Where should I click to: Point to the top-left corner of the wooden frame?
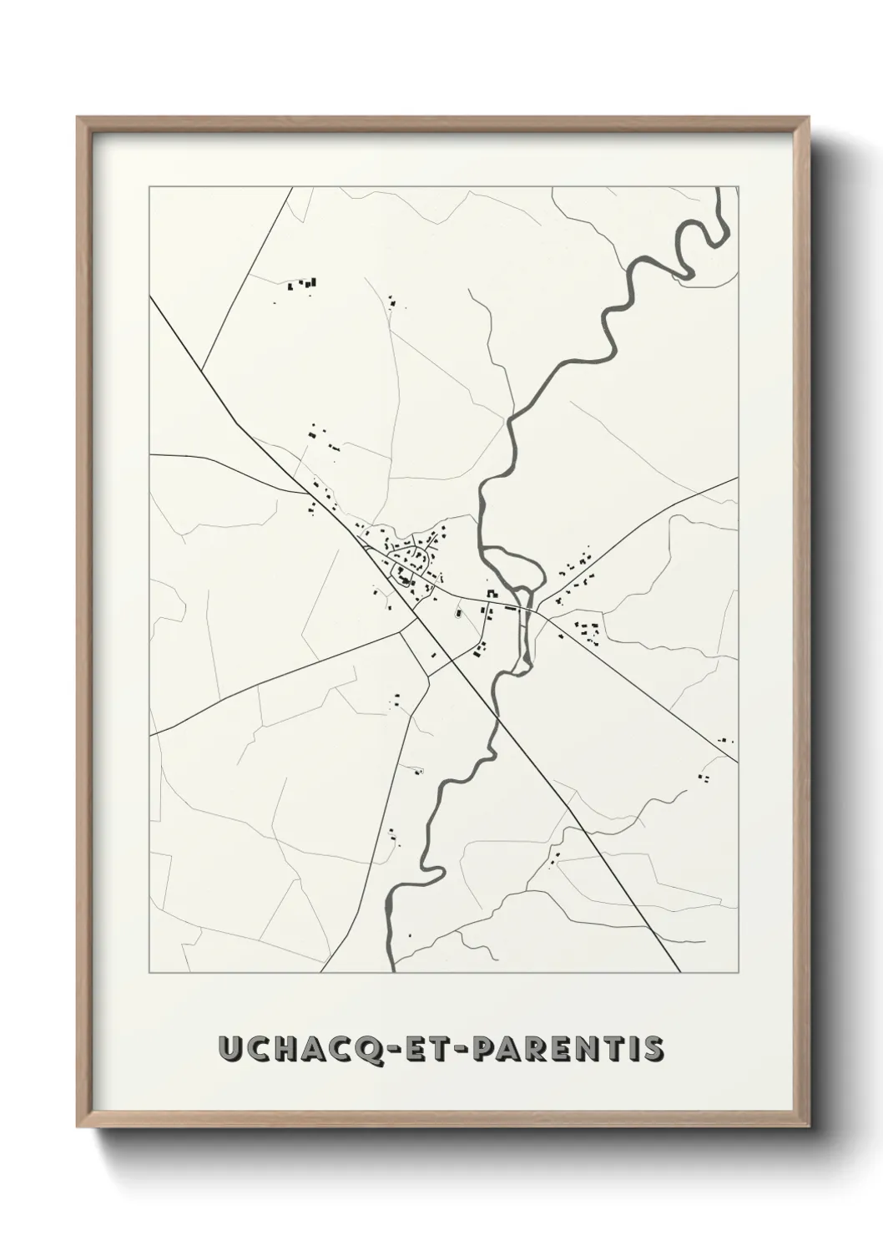point(78,118)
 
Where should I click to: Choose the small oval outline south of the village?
point(457,615)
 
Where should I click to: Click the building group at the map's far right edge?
point(725,741)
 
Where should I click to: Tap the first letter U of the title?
point(228,1049)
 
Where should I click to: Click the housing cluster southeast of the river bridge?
point(589,631)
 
